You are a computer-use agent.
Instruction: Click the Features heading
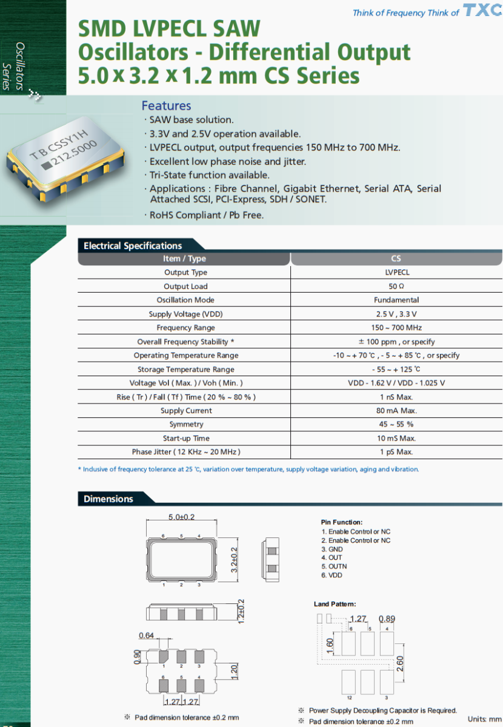[166, 105]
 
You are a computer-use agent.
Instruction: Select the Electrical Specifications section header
[133, 245]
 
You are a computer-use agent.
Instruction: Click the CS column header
[396, 259]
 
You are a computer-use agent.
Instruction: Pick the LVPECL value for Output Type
[396, 273]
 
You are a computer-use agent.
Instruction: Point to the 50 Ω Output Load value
[396, 287]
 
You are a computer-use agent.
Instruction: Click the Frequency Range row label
[185, 328]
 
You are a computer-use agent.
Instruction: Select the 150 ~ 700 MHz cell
[396, 328]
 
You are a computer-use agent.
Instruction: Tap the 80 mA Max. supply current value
[396, 411]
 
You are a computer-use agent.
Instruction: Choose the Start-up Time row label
[185, 438]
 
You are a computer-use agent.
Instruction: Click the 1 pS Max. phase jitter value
[396, 452]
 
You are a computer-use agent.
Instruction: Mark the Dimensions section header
[108, 499]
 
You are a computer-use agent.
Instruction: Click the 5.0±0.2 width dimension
[182, 517]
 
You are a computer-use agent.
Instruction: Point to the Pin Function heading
[342, 522]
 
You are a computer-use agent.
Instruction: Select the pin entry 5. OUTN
[334, 566]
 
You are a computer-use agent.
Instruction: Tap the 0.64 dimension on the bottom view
[146, 636]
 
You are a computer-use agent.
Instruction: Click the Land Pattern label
[335, 604]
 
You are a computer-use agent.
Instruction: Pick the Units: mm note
[484, 719]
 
